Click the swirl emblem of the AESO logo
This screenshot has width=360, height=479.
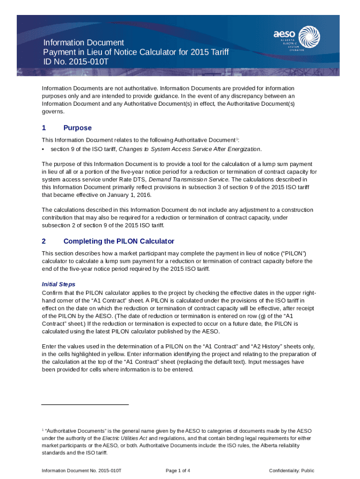(309, 36)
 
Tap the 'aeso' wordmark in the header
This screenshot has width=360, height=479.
(285, 34)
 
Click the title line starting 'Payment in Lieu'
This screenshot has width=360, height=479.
(136, 52)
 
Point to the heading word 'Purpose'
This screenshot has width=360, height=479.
(77, 128)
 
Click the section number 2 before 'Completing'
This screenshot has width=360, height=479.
(44, 241)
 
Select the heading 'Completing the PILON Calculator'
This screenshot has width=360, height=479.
(118, 241)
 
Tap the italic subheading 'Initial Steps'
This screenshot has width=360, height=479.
(58, 284)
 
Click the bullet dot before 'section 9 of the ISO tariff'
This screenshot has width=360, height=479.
(43, 149)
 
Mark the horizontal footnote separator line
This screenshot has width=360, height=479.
(85, 404)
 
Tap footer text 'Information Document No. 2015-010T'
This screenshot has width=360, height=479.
(82, 471)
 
